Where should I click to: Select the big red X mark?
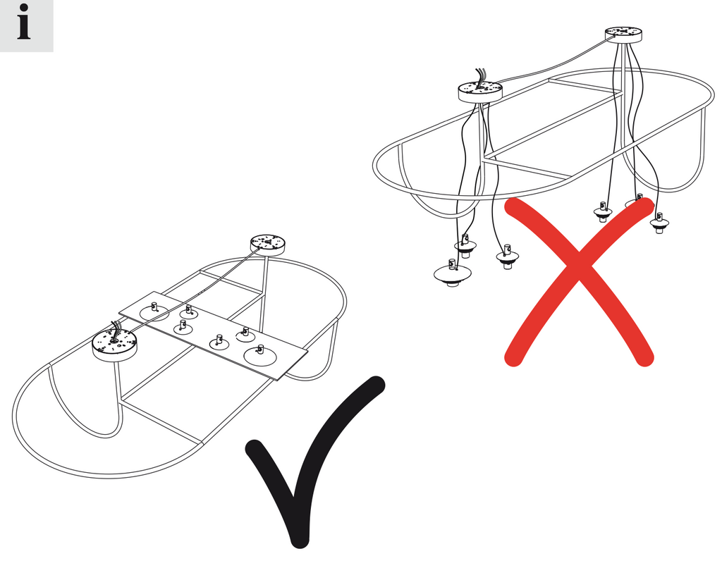(579, 282)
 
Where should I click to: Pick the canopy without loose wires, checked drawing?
(268, 244)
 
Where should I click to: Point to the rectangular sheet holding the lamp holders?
(213, 335)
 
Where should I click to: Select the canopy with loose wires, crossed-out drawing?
(480, 91)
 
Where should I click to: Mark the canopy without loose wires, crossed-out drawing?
(623, 35)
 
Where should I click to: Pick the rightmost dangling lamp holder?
(659, 223)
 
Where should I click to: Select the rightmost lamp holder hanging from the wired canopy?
(508, 257)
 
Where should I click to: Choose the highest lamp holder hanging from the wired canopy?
(465, 245)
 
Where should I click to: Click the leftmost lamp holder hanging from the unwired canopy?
(604, 211)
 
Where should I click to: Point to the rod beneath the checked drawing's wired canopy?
(117, 381)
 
